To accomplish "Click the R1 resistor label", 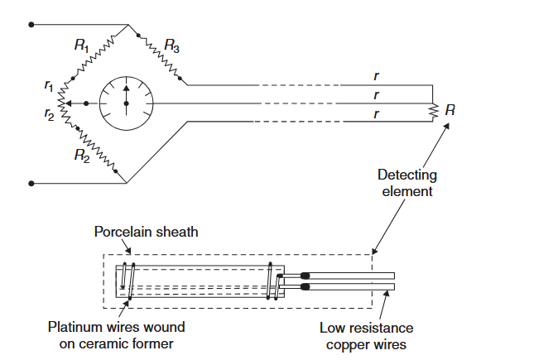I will pyautogui.click(x=81, y=46).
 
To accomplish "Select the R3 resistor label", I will pyautogui.click(x=171, y=46).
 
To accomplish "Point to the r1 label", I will pyautogui.click(x=49, y=84).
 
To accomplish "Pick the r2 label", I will pyautogui.click(x=49, y=118).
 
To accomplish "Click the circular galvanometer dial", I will pyautogui.click(x=127, y=103).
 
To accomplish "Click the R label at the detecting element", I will pyautogui.click(x=449, y=110).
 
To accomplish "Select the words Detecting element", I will pyautogui.click(x=407, y=183).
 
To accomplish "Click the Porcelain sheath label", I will pyautogui.click(x=146, y=232).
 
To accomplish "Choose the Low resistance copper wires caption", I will pyautogui.click(x=367, y=334).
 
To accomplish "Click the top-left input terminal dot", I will pyautogui.click(x=31, y=25).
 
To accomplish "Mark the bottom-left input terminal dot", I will pyautogui.click(x=31, y=182).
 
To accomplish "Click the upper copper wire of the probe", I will pyautogui.click(x=352, y=276).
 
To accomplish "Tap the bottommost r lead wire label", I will pyautogui.click(x=378, y=113).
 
